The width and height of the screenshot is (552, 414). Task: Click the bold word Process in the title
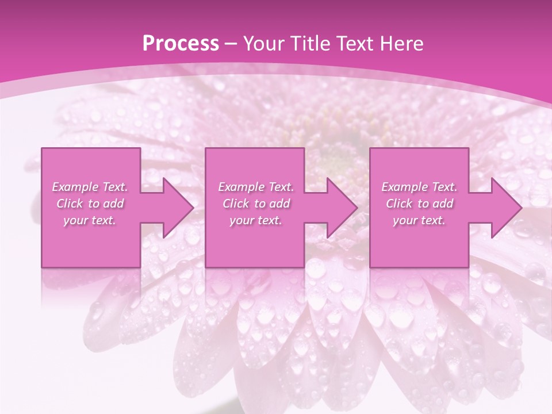click(x=181, y=44)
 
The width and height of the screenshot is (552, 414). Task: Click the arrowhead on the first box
click(x=175, y=208)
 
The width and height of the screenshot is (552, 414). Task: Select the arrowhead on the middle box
click(x=339, y=208)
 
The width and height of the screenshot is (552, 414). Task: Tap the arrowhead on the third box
click(x=503, y=208)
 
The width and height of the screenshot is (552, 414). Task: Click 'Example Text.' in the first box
click(x=90, y=187)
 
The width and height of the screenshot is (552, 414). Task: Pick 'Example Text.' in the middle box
click(x=256, y=187)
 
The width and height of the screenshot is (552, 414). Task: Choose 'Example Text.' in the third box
click(x=419, y=187)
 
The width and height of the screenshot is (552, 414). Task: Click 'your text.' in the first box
click(x=90, y=220)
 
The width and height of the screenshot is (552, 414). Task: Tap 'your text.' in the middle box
click(x=256, y=220)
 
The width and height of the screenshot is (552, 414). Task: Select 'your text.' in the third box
click(x=419, y=220)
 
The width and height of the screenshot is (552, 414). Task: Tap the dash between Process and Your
click(x=231, y=44)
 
